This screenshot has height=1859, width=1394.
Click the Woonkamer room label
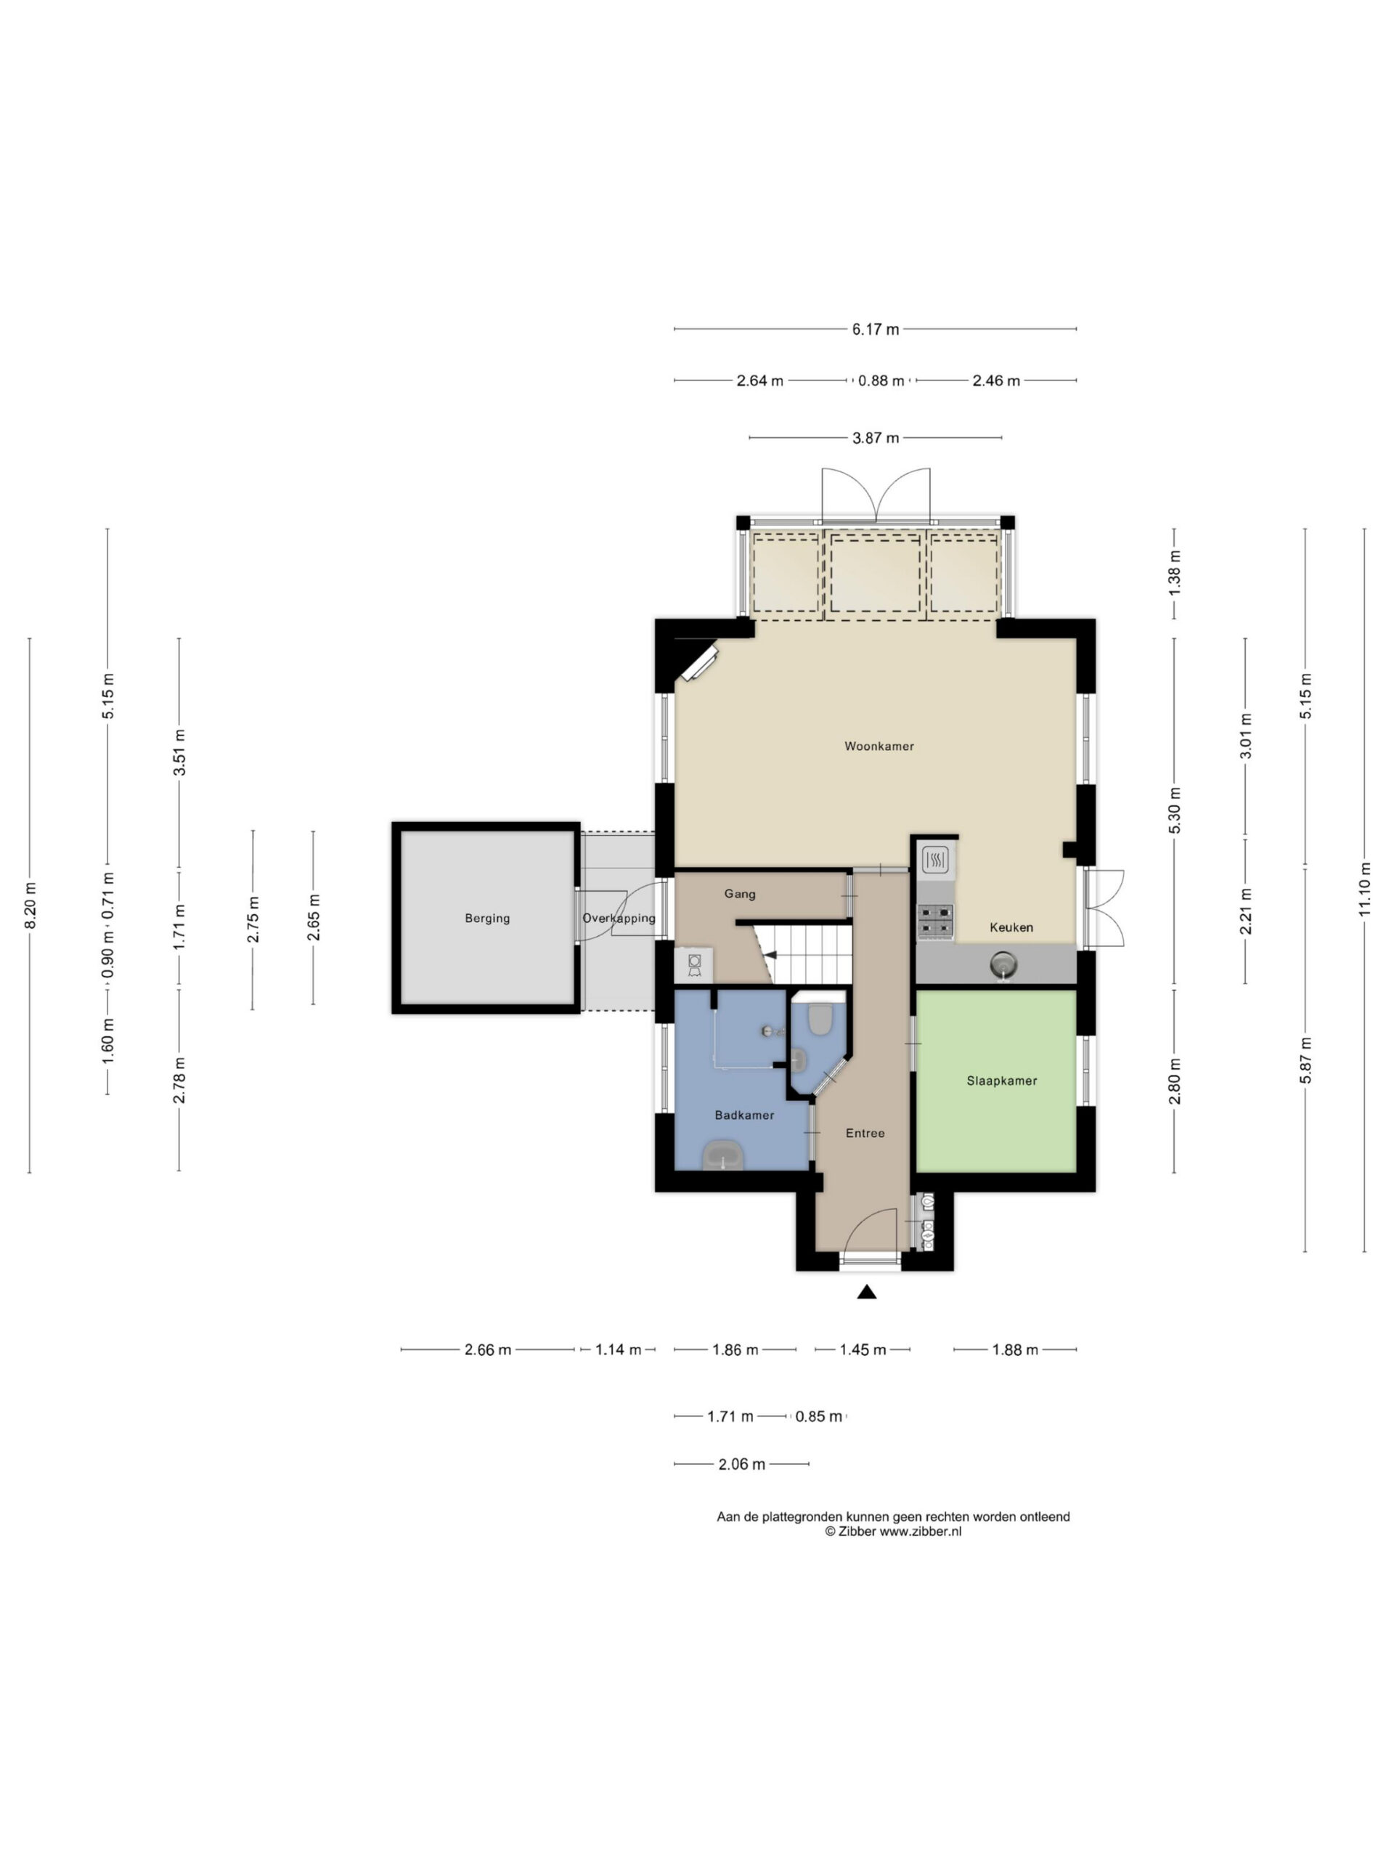(x=879, y=747)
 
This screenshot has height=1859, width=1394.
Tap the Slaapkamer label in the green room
(x=1002, y=1081)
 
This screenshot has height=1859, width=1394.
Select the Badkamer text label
(x=744, y=1115)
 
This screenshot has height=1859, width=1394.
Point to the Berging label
(x=487, y=919)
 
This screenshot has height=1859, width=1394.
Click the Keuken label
(x=1011, y=928)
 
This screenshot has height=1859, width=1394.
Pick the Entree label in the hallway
(x=865, y=1134)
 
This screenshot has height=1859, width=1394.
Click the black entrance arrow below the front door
(x=867, y=1293)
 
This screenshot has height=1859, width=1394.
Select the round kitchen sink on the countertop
(x=1003, y=963)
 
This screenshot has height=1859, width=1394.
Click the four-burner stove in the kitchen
(x=936, y=921)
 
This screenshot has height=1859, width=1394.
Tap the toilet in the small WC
(x=819, y=1020)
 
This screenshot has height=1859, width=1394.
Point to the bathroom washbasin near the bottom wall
(x=723, y=1155)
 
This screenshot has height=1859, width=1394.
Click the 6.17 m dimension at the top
(x=876, y=330)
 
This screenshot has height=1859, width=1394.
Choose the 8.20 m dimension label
(x=30, y=906)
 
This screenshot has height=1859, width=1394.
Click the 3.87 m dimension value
(x=876, y=438)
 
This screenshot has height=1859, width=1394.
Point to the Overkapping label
(x=619, y=919)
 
